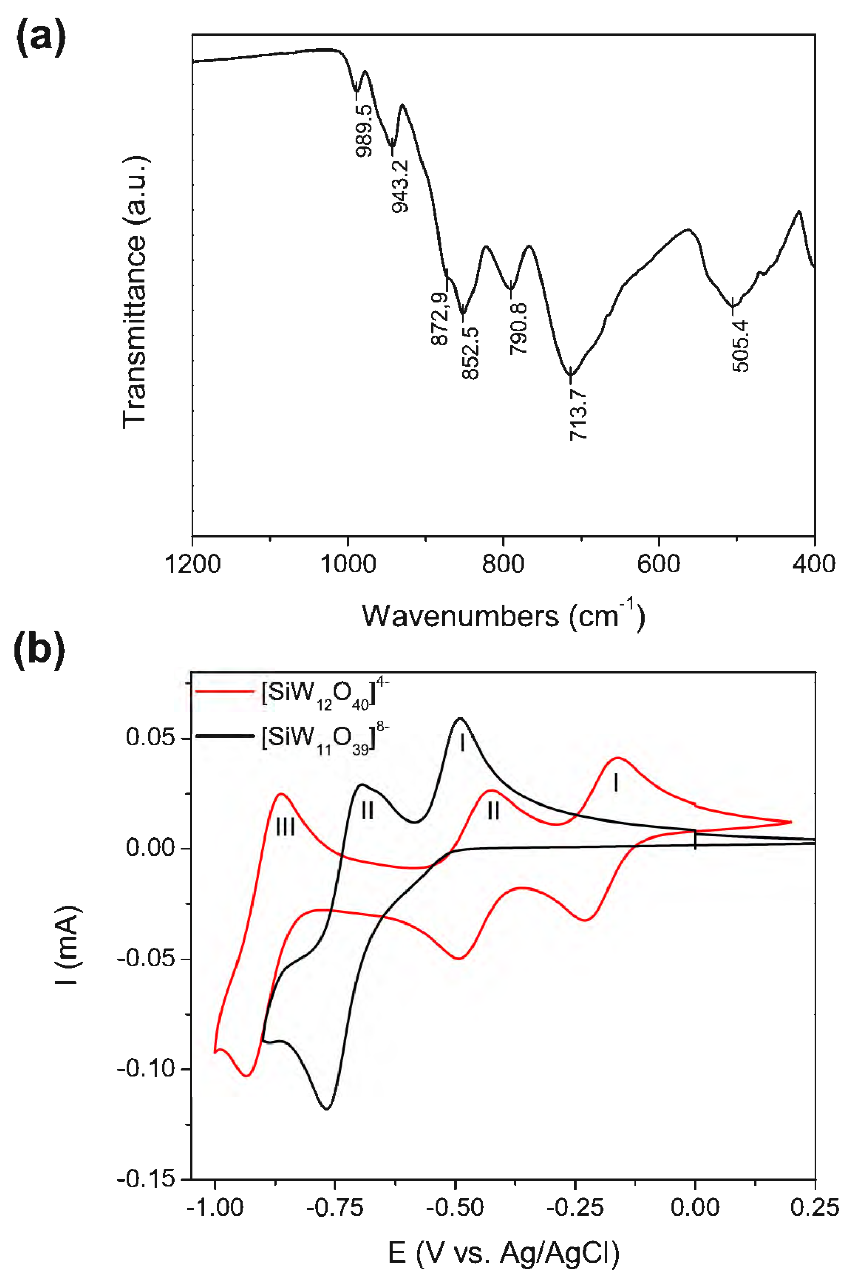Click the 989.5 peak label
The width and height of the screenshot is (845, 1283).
pos(364,130)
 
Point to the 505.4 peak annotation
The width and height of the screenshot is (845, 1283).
pos(740,346)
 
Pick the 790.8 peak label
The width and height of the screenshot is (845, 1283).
pos(519,328)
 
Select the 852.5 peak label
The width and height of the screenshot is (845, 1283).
pos(470,353)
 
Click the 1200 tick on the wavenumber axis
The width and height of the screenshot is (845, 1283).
pos(193,564)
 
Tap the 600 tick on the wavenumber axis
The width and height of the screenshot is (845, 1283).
pos(659,564)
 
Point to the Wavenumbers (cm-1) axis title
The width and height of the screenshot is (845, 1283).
pos(502,615)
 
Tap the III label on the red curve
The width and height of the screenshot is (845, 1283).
pos(285,827)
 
